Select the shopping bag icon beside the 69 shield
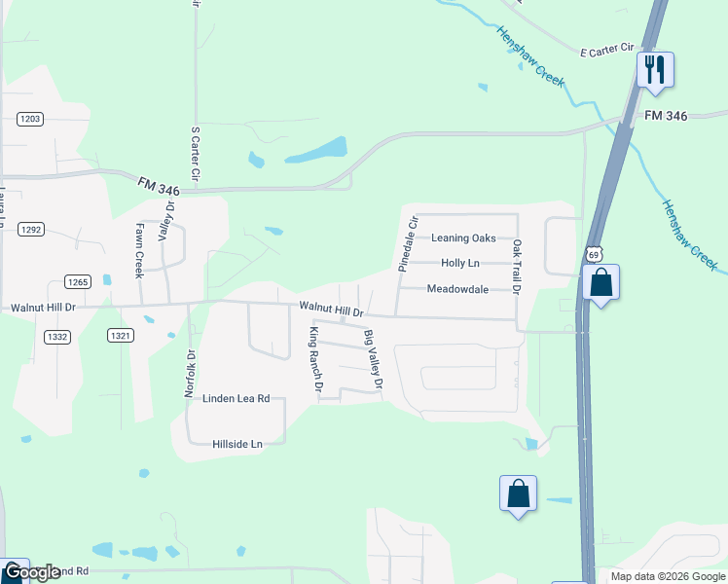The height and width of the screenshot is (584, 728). pos(601,283)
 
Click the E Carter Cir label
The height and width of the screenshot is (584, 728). pos(606,51)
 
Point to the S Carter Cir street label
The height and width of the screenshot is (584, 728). pos(196,154)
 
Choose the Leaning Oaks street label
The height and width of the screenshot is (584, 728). pos(463,237)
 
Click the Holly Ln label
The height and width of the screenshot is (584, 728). pos(460,263)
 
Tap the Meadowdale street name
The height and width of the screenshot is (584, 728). pos(457,289)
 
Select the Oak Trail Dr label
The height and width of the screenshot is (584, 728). pos(517,266)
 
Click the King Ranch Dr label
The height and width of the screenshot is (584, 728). pos(315,359)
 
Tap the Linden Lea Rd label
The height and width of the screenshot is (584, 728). pos(236,398)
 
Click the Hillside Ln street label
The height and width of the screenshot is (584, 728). pos(237,444)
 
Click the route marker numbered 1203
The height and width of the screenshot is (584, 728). pos(30,119)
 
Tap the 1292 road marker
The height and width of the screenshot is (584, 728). pos(30,230)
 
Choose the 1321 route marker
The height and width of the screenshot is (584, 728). pos(120,336)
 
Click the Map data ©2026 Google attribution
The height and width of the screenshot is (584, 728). pos(668,576)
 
